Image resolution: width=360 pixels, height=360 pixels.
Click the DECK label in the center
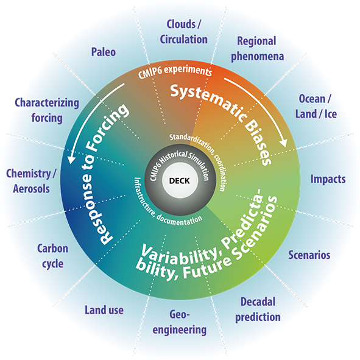[180, 181]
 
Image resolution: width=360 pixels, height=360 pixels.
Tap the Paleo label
[104, 52]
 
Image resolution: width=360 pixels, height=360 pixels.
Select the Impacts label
[328, 179]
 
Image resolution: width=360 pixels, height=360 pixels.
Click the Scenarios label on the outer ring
[309, 255]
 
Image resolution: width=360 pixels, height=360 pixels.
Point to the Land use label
[104, 310]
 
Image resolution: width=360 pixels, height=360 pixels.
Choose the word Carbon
[52, 249]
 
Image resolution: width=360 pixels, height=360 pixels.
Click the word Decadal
[258, 302]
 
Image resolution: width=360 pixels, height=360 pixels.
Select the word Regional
[256, 41]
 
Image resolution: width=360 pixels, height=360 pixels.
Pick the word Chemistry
[29, 174]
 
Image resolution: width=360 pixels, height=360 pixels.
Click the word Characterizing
[47, 103]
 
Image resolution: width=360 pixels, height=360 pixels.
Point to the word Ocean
[312, 99]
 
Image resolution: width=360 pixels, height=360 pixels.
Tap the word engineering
[180, 330]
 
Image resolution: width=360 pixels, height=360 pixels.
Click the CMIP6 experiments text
[175, 72]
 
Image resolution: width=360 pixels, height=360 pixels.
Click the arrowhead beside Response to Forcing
[72, 158]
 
